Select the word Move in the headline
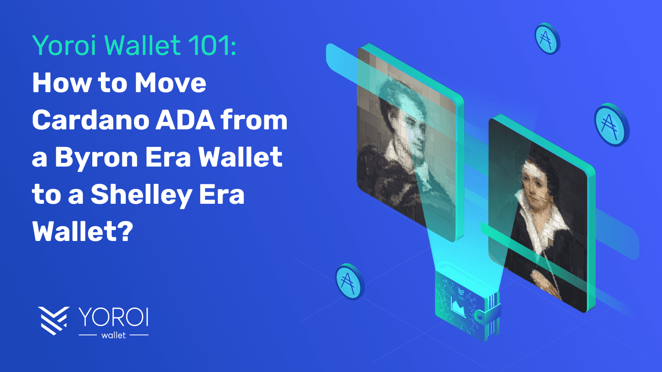170,83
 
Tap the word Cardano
90,120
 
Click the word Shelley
141,195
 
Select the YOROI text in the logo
113,317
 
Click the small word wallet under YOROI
113,335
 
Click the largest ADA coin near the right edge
611,125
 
